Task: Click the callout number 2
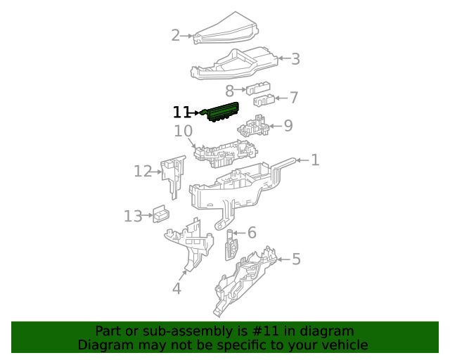(x=175, y=35)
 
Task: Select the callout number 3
(x=296, y=59)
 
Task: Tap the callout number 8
(x=229, y=91)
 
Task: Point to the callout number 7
(x=294, y=98)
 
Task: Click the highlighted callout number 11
(x=181, y=112)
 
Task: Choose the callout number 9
(x=288, y=127)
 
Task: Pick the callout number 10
(x=183, y=131)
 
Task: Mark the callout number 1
(x=315, y=160)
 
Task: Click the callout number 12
(x=143, y=171)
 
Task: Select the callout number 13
(x=133, y=216)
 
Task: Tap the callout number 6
(x=252, y=233)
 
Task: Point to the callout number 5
(x=296, y=259)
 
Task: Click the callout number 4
(x=176, y=288)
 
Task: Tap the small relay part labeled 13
(x=162, y=214)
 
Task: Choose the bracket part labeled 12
(x=172, y=176)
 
